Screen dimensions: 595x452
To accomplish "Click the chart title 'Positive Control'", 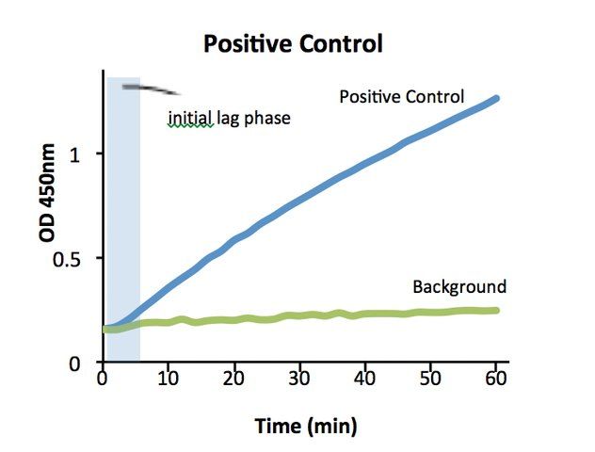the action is coord(293,43).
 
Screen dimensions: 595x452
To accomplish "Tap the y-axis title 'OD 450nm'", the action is coord(47,193).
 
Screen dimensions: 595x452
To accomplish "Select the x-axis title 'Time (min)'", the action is coord(306,426).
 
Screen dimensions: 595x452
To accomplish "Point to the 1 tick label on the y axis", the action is coord(75,154).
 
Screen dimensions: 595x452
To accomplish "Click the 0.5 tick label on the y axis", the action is coord(67,260).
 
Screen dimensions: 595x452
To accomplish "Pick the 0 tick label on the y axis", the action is coord(74,363).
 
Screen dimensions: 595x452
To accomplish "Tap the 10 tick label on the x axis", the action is coord(169,379).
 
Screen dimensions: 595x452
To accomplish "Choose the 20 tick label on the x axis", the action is coord(233,379).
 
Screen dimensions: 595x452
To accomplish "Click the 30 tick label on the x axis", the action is coord(299,379).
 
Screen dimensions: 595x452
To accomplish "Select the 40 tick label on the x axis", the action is coord(364,379).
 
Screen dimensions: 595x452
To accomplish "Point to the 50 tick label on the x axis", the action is coord(430,379).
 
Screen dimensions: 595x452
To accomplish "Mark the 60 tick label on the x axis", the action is coord(496,379).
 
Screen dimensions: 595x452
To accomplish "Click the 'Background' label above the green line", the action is coord(459,287).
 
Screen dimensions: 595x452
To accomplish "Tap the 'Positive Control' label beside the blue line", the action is coord(401,97).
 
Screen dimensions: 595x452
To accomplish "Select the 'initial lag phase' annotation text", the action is coord(229,119).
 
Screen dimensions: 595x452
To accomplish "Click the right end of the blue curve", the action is coord(495,99).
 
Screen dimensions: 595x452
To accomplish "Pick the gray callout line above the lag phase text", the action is coord(151,89).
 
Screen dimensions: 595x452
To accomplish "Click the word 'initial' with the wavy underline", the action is coord(190,118).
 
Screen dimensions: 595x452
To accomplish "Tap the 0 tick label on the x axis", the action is coord(103,379).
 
